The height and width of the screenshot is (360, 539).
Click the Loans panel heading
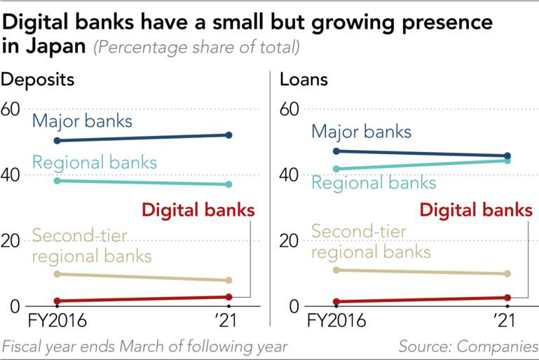(x=303, y=79)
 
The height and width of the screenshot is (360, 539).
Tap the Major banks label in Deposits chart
(x=82, y=120)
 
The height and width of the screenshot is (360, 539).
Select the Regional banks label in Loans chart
(x=374, y=183)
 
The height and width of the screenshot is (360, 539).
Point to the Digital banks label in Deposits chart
(x=198, y=209)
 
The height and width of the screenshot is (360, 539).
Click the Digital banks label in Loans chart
(x=475, y=209)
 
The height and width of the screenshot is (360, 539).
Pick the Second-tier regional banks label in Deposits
(x=82, y=245)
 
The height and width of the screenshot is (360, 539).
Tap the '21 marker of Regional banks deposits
(x=228, y=184)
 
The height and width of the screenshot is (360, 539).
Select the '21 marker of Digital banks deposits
(x=228, y=297)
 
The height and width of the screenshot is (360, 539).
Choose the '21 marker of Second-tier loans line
(x=507, y=274)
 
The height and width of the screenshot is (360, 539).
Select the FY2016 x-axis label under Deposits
(x=56, y=321)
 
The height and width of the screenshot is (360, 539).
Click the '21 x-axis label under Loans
(x=505, y=321)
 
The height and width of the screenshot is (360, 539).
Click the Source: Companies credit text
(x=468, y=346)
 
